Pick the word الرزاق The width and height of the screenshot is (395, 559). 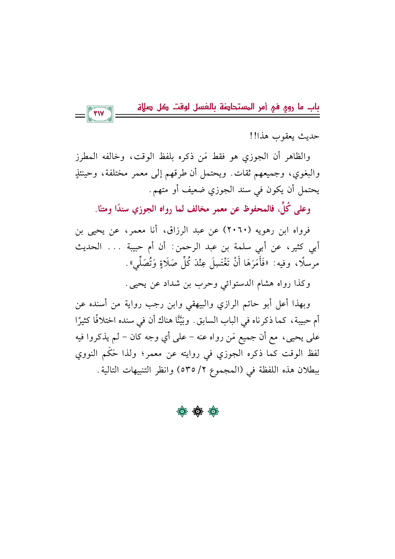pyautogui.click(x=177, y=230)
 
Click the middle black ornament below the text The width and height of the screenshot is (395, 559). pyautogui.click(x=197, y=412)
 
